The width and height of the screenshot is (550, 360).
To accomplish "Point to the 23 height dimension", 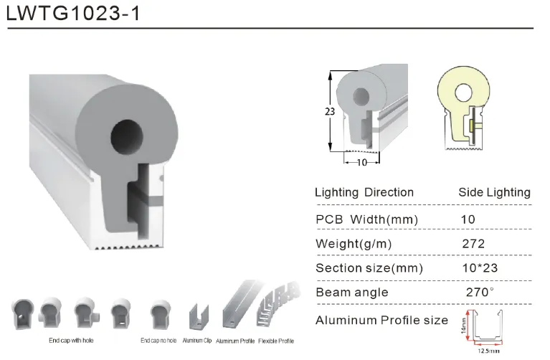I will (x=329, y=111).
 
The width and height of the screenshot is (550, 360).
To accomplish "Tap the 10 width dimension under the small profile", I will (x=362, y=163).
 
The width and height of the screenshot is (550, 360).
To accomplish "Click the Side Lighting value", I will (x=494, y=192).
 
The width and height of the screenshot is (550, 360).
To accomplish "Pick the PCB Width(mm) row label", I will (x=366, y=219).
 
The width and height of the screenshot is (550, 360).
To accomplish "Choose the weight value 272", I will (x=473, y=244).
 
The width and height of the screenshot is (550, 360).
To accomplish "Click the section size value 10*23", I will (x=480, y=268).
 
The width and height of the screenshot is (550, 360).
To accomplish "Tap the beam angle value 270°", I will (x=480, y=293).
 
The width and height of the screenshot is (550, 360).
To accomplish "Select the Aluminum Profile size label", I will (x=381, y=320).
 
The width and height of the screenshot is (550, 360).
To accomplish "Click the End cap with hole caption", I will (x=70, y=340).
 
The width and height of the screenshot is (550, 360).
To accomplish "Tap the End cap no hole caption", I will (x=160, y=340).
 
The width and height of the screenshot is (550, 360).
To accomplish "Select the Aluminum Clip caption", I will (x=196, y=340).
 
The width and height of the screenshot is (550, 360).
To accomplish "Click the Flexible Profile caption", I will (x=276, y=340).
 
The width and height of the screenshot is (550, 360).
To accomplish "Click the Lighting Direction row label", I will (x=364, y=192).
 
